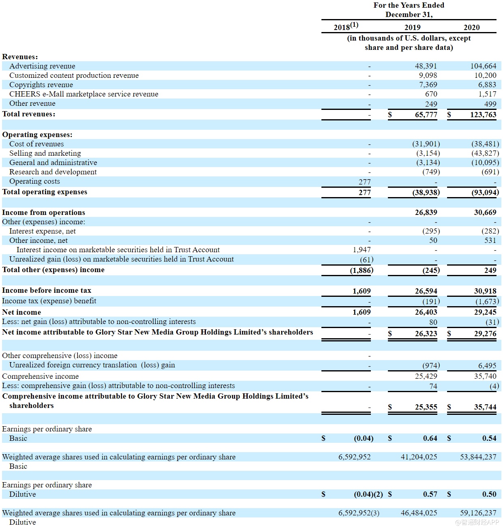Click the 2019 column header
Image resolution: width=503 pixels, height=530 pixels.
(412, 28)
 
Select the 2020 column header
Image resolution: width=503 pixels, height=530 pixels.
(471, 28)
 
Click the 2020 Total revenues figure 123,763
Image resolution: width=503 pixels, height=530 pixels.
(483, 115)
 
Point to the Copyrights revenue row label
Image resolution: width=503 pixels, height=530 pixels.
(41, 85)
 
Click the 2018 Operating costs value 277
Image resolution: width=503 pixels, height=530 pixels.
(364, 182)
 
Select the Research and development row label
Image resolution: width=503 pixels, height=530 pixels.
(53, 172)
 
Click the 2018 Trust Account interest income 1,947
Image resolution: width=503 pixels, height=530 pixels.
(362, 250)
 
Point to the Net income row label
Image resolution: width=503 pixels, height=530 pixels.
(21, 312)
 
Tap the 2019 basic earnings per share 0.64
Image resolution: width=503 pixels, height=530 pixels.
(430, 438)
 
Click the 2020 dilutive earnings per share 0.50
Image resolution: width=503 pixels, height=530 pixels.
(489, 494)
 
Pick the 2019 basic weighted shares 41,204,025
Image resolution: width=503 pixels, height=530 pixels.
(419, 457)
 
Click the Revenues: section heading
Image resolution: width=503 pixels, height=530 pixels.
(20, 57)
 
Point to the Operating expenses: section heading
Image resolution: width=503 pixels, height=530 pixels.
(37, 135)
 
